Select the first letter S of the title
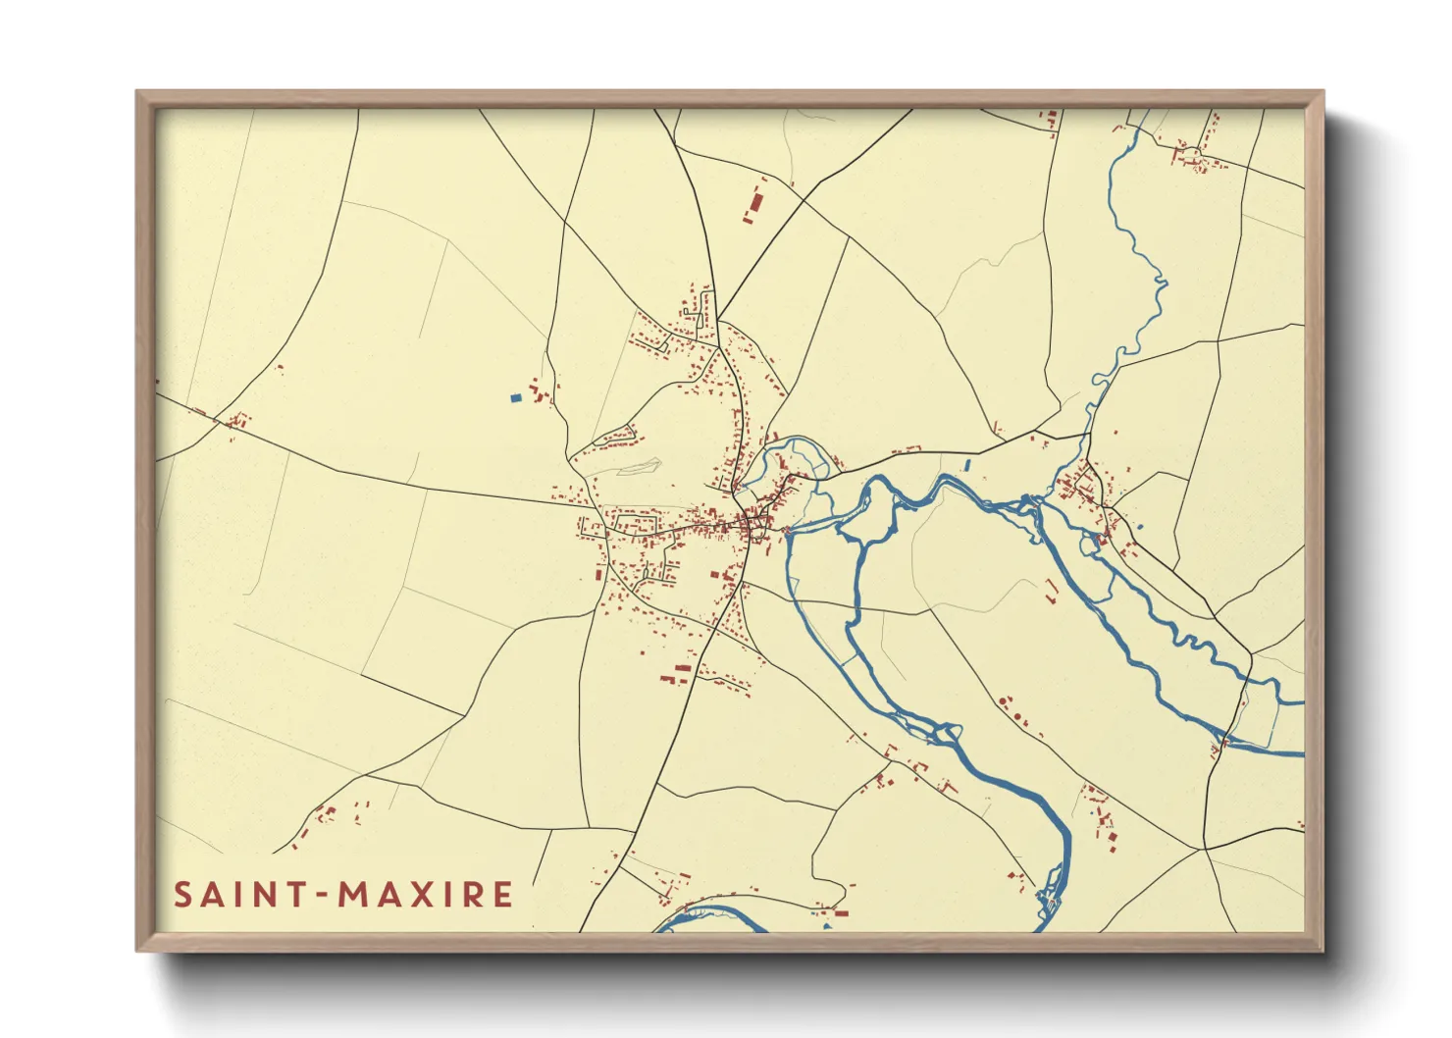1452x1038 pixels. pyautogui.click(x=183, y=895)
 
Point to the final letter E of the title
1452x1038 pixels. pyautogui.click(x=503, y=895)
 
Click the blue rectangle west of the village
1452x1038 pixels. pyautogui.click(x=514, y=398)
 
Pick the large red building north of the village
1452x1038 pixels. pyautogui.click(x=755, y=201)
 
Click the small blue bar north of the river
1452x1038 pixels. pyautogui.click(x=967, y=464)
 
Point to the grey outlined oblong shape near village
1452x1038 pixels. pyautogui.click(x=638, y=468)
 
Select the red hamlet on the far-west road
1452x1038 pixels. pyautogui.click(x=233, y=422)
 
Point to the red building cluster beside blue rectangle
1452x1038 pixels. pyautogui.click(x=540, y=392)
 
